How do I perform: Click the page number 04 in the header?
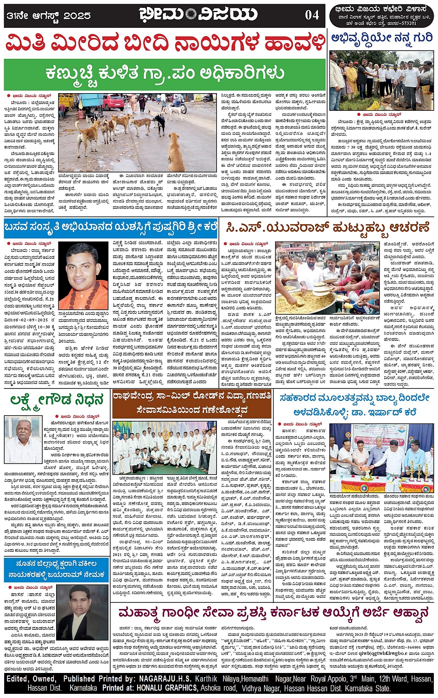tap(312, 15)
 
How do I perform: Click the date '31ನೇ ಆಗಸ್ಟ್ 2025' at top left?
tap(49, 16)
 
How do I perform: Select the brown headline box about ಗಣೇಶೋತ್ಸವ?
tap(192, 403)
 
